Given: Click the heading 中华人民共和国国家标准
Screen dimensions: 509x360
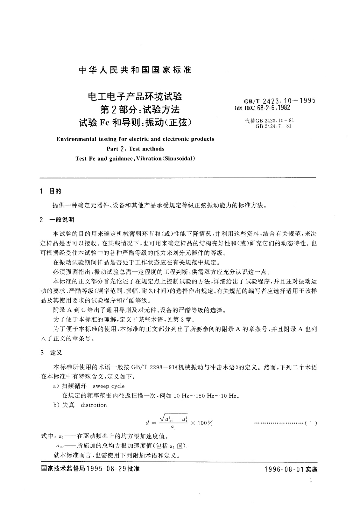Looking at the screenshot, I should (135, 70).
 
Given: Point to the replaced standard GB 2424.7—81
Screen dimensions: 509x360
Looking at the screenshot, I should (273, 126).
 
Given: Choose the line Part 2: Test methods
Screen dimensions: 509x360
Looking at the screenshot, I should (135, 149).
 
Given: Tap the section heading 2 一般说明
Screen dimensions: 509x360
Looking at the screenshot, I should (57, 220).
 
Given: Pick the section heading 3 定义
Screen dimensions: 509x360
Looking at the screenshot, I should (51, 353).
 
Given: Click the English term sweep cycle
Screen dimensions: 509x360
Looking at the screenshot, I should (109, 386).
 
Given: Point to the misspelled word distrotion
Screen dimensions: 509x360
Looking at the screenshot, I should (94, 405).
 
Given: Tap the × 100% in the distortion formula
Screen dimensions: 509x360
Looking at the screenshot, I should (201, 423).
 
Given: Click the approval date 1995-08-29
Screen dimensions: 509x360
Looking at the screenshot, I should (106, 469).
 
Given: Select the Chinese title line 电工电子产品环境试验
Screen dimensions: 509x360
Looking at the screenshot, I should (135, 97).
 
